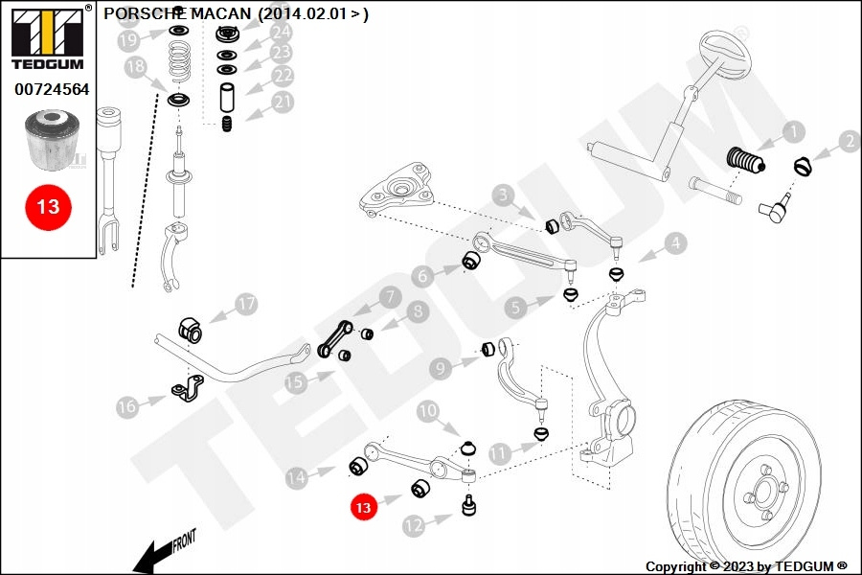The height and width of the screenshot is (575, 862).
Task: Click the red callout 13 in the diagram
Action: coord(363,508)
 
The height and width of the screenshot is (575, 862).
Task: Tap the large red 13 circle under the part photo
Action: coord(48,206)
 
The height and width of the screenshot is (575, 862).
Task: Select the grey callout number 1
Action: coord(792,131)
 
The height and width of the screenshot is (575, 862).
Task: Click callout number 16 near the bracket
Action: coord(128,406)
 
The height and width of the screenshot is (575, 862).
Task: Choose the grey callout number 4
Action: coord(676,243)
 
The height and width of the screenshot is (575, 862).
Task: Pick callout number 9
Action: coord(441,367)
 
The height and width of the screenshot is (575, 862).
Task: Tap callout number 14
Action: coord(299,475)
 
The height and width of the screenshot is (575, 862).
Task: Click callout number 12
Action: coord(414,524)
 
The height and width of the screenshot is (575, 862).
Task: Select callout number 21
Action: coord(283,102)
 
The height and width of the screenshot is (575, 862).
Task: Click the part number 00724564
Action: coord(52,90)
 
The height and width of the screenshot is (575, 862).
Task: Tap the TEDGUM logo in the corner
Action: coord(47,37)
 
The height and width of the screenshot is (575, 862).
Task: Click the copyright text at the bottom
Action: coord(745,566)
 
